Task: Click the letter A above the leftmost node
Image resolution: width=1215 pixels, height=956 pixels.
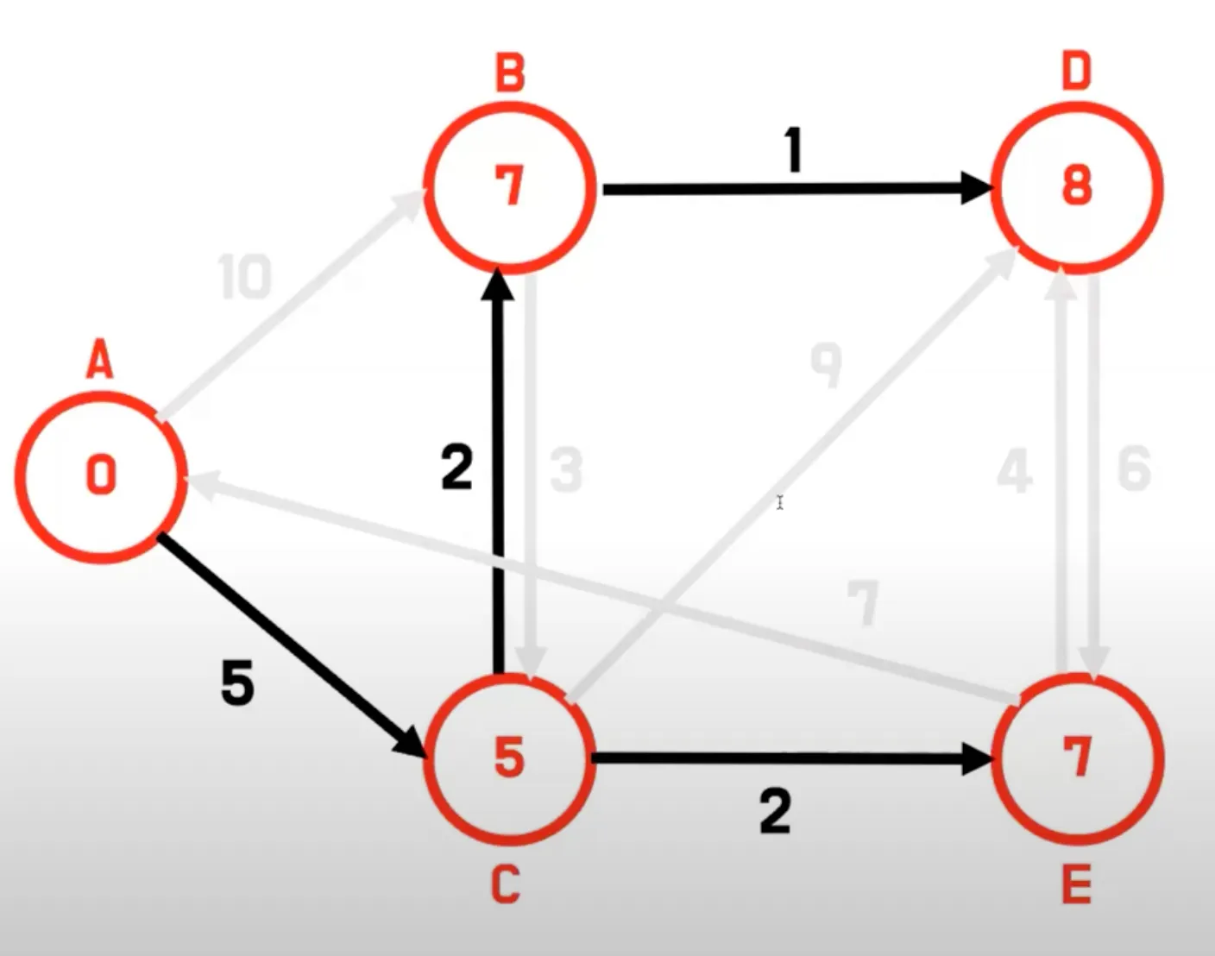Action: [x=100, y=359]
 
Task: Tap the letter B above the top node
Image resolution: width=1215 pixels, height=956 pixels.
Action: [x=510, y=72]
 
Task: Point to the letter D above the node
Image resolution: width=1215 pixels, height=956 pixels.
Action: [x=1076, y=71]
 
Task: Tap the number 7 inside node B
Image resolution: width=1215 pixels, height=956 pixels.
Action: [x=510, y=186]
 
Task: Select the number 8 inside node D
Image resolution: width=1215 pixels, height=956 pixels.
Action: [x=1077, y=185]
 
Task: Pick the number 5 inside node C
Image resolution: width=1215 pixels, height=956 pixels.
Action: [x=509, y=758]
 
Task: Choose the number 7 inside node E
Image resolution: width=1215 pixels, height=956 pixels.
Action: [x=1077, y=758]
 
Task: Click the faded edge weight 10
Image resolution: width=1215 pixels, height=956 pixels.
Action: [x=245, y=277]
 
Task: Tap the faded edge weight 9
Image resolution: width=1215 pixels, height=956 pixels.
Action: [x=826, y=364]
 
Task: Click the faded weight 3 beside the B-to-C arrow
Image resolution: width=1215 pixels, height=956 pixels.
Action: [x=566, y=471]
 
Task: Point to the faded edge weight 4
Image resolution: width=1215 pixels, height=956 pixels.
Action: [x=1015, y=471]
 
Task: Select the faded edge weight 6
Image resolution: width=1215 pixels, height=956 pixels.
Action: [x=1134, y=470]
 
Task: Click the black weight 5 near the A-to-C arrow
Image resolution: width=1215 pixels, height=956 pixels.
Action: [x=237, y=683]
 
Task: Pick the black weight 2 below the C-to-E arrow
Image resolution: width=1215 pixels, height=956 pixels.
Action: [x=775, y=812]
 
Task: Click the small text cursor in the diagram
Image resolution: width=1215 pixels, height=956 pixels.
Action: [x=779, y=502]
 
